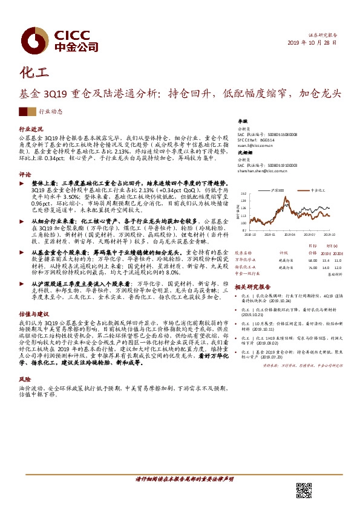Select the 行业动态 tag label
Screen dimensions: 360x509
point(51,111)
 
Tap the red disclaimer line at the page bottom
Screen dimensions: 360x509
point(180,478)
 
